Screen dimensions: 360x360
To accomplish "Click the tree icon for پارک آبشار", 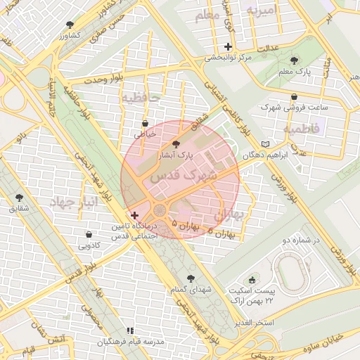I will [176, 143].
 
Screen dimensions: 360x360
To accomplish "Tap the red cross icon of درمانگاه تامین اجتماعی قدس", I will [134, 214].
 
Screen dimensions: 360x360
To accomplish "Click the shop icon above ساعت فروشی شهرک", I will [294, 97].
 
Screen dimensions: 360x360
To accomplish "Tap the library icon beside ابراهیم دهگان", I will [265, 144].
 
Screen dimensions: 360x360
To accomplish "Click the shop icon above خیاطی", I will [145, 122].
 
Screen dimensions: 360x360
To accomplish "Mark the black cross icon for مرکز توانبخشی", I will [228, 46].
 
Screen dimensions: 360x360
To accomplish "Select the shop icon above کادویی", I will [89, 235].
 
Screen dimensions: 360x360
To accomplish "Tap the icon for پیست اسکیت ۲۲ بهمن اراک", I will [252, 280].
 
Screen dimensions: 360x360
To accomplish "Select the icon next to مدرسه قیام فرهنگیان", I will [129, 330].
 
